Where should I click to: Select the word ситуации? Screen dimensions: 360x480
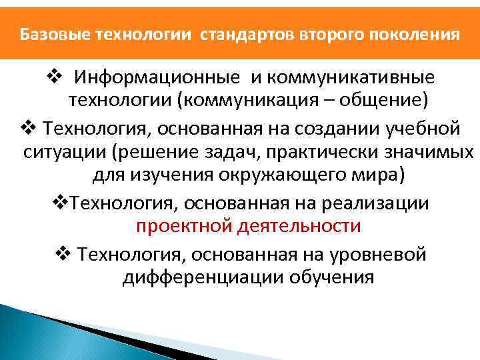(64, 152)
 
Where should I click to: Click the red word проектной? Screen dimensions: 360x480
(178, 226)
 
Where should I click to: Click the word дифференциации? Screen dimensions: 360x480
(203, 277)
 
